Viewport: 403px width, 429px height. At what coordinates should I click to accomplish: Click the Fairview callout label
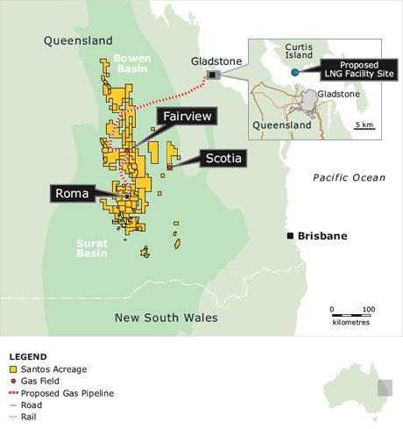coord(187,116)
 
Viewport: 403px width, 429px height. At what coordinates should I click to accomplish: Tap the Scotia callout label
coord(221,158)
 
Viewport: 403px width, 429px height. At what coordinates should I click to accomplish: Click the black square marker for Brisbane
coord(290,236)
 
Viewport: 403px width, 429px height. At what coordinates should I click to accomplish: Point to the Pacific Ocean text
coord(349,178)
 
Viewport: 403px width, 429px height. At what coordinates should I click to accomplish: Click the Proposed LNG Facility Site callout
coord(352,69)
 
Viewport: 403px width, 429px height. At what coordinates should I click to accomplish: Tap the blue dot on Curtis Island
coord(295,72)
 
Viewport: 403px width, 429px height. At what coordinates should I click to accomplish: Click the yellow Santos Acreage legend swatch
coord(13,369)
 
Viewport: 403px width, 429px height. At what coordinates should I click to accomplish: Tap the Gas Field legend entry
coord(44,382)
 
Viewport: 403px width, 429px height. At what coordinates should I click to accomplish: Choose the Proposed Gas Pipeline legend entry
coord(61,394)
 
